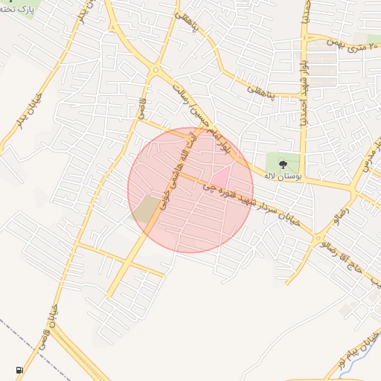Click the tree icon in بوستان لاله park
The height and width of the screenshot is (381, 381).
pyautogui.click(x=283, y=164)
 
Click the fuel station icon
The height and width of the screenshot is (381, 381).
pyautogui.click(x=19, y=370)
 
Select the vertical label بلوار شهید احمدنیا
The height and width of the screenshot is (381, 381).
pyautogui.click(x=304, y=97)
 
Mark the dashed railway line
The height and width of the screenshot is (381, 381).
pyautogui.click(x=15, y=331)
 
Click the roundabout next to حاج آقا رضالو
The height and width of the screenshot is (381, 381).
pyautogui.click(x=320, y=240)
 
